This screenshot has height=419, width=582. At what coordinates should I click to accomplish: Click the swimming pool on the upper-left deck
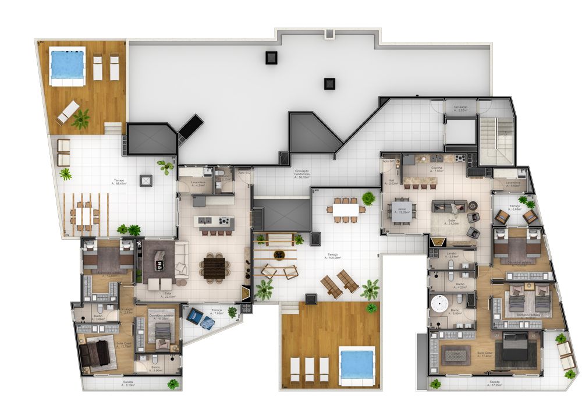point(67,65)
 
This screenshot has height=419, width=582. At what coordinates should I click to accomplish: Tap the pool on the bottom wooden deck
point(356,364)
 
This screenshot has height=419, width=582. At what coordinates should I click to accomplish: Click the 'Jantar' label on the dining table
point(400,208)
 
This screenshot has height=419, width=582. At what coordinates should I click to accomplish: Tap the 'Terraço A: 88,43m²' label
point(119,182)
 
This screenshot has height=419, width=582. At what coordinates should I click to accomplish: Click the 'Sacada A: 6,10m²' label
point(128,384)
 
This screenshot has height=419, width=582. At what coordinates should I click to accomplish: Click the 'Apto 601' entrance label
point(389,161)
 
